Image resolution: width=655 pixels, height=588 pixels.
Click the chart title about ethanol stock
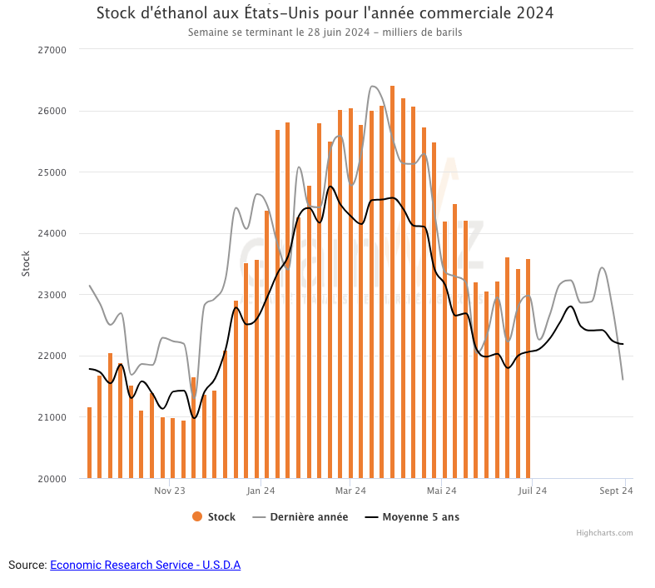(x=325, y=14)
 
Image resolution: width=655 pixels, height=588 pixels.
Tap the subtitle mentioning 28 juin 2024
(x=325, y=33)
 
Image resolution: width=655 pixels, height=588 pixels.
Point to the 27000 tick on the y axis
(x=52, y=50)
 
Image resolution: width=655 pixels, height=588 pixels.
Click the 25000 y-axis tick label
(x=52, y=172)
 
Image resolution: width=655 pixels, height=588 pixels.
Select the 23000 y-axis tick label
(x=52, y=295)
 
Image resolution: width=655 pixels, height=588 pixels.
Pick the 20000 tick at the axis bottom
(x=52, y=479)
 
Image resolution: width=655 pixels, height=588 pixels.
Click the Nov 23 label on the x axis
(x=169, y=491)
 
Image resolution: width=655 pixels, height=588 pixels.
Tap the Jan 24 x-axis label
(x=261, y=491)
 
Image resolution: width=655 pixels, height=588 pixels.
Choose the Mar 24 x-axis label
(x=350, y=491)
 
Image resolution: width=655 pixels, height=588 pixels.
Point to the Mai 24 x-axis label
(x=441, y=491)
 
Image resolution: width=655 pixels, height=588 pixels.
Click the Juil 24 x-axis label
(x=533, y=491)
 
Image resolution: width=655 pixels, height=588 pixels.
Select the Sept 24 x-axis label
(x=617, y=491)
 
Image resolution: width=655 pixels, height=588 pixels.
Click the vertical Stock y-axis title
(x=26, y=264)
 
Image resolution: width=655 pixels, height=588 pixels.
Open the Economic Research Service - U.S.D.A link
(x=145, y=566)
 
